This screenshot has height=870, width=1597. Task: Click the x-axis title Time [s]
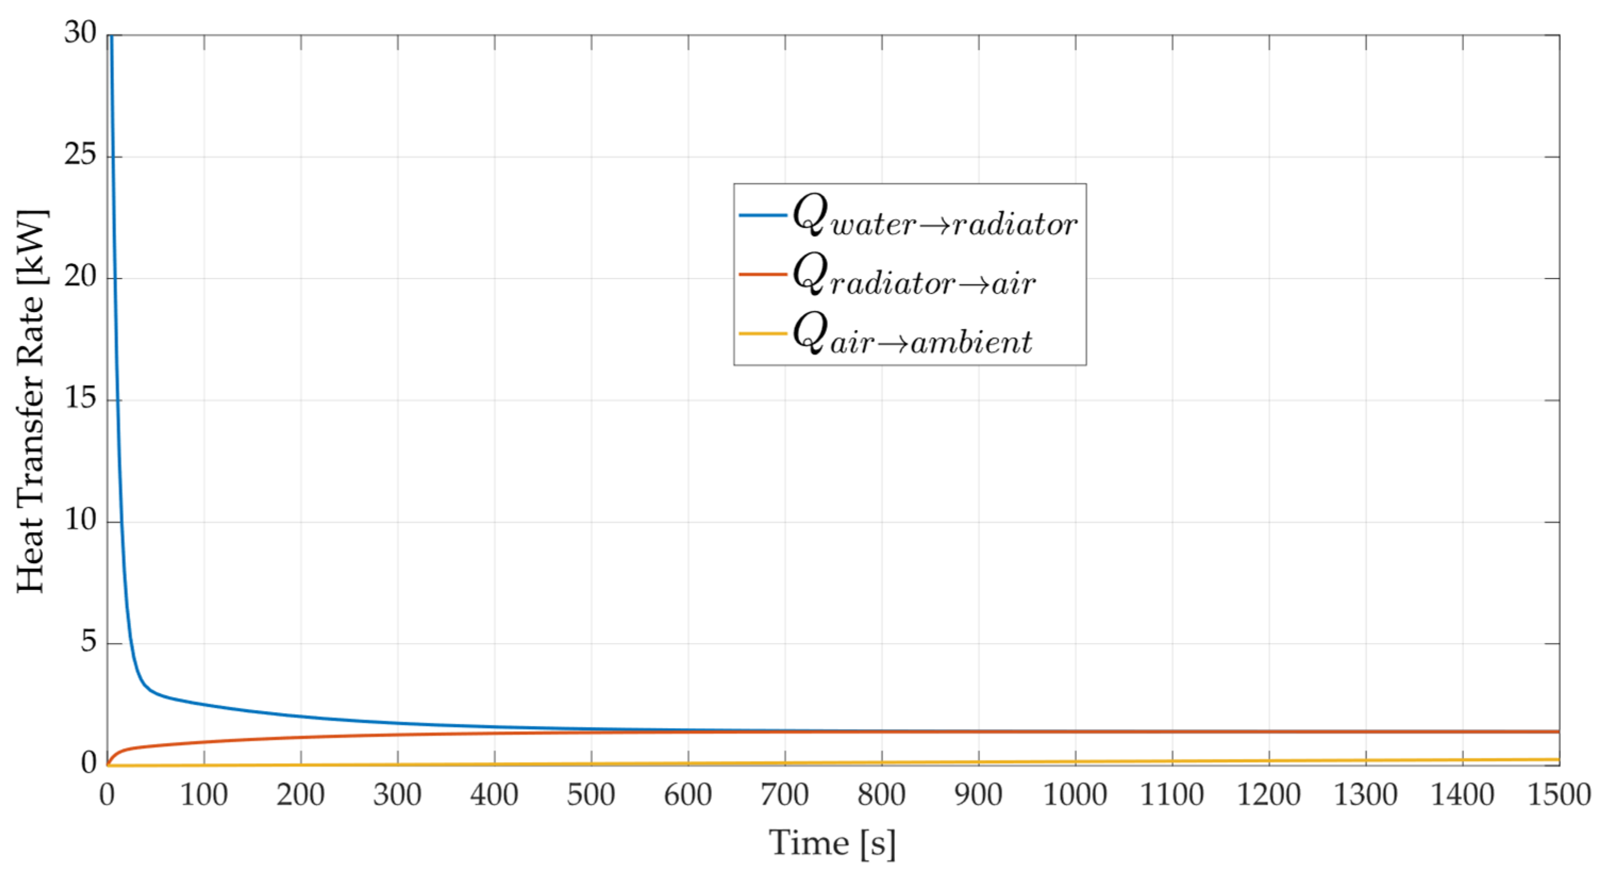tap(832, 843)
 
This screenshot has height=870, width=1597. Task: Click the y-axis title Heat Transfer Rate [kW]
tap(31, 402)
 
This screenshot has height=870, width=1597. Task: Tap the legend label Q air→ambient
tap(912, 335)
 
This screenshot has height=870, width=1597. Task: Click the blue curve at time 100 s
tap(204, 705)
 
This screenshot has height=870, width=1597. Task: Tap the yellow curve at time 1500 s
tap(1557, 759)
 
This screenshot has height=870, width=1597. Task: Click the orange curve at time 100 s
tap(204, 742)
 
